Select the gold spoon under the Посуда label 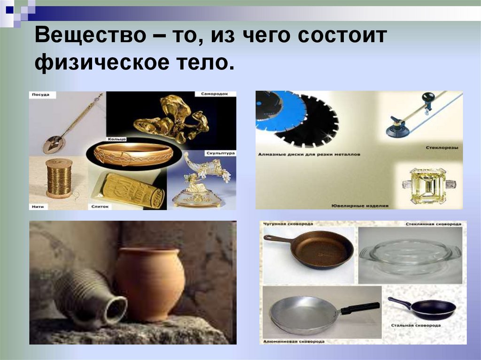[x=54, y=145]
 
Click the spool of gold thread [x=59, y=178]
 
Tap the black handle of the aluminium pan [x=360, y=308]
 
